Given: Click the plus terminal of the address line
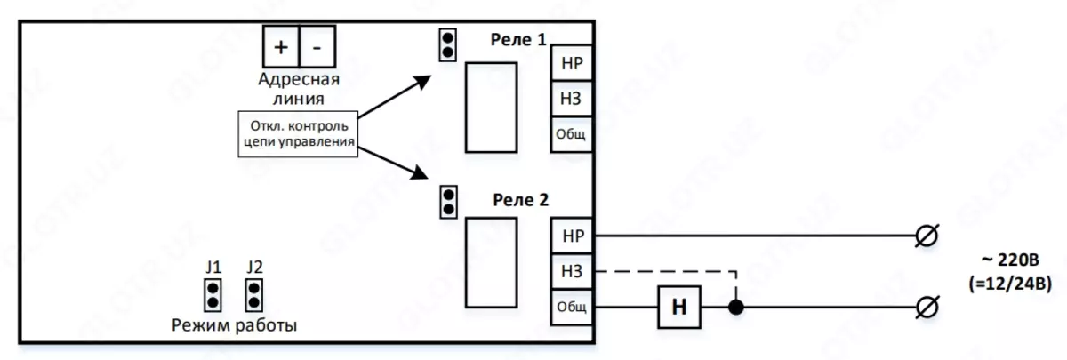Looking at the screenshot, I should (281, 45).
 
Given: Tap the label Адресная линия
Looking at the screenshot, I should (299, 88).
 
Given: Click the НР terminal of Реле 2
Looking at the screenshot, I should (572, 236).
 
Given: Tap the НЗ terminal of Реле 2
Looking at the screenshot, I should (572, 271).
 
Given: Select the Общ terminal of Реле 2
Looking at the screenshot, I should (572, 306).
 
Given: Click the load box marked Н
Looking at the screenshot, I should (678, 307).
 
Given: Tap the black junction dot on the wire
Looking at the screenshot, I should (735, 307).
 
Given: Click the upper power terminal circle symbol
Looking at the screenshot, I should (926, 236).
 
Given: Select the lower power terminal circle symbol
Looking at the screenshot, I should (926, 307).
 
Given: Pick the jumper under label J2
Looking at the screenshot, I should (254, 293).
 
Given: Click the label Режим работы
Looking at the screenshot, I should (234, 325).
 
